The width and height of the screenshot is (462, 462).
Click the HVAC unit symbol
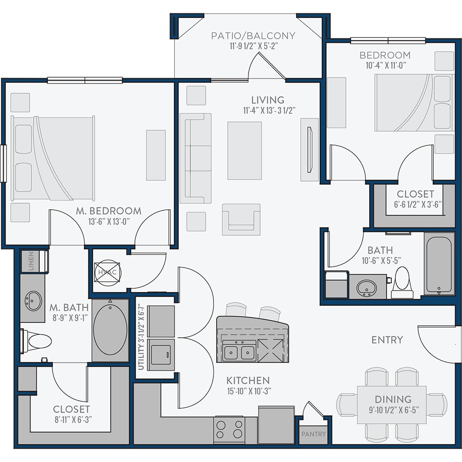click(107, 273)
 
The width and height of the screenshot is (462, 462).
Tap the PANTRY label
click(314, 434)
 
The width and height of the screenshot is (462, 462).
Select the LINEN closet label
click(31, 261)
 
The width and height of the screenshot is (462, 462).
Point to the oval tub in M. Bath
click(110, 330)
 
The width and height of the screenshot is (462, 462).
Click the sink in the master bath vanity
click(33, 301)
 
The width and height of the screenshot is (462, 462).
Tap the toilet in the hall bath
click(402, 283)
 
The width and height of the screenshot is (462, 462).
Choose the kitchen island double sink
click(239, 351)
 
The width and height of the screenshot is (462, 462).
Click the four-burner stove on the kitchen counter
click(229, 429)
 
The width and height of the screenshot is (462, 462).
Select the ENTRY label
click(387, 340)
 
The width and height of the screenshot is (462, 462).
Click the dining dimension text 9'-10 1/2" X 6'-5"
click(394, 410)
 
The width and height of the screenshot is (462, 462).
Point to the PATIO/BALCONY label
click(253, 36)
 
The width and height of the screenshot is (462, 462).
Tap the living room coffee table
click(244, 151)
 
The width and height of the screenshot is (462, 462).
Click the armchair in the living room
click(241, 219)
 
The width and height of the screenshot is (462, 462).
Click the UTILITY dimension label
click(141, 337)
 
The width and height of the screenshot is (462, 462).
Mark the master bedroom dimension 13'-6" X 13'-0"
click(109, 222)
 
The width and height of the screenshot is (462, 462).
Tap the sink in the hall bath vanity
click(366, 288)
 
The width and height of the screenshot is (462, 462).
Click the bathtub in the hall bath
click(439, 264)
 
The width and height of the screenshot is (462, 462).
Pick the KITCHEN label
click(248, 381)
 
